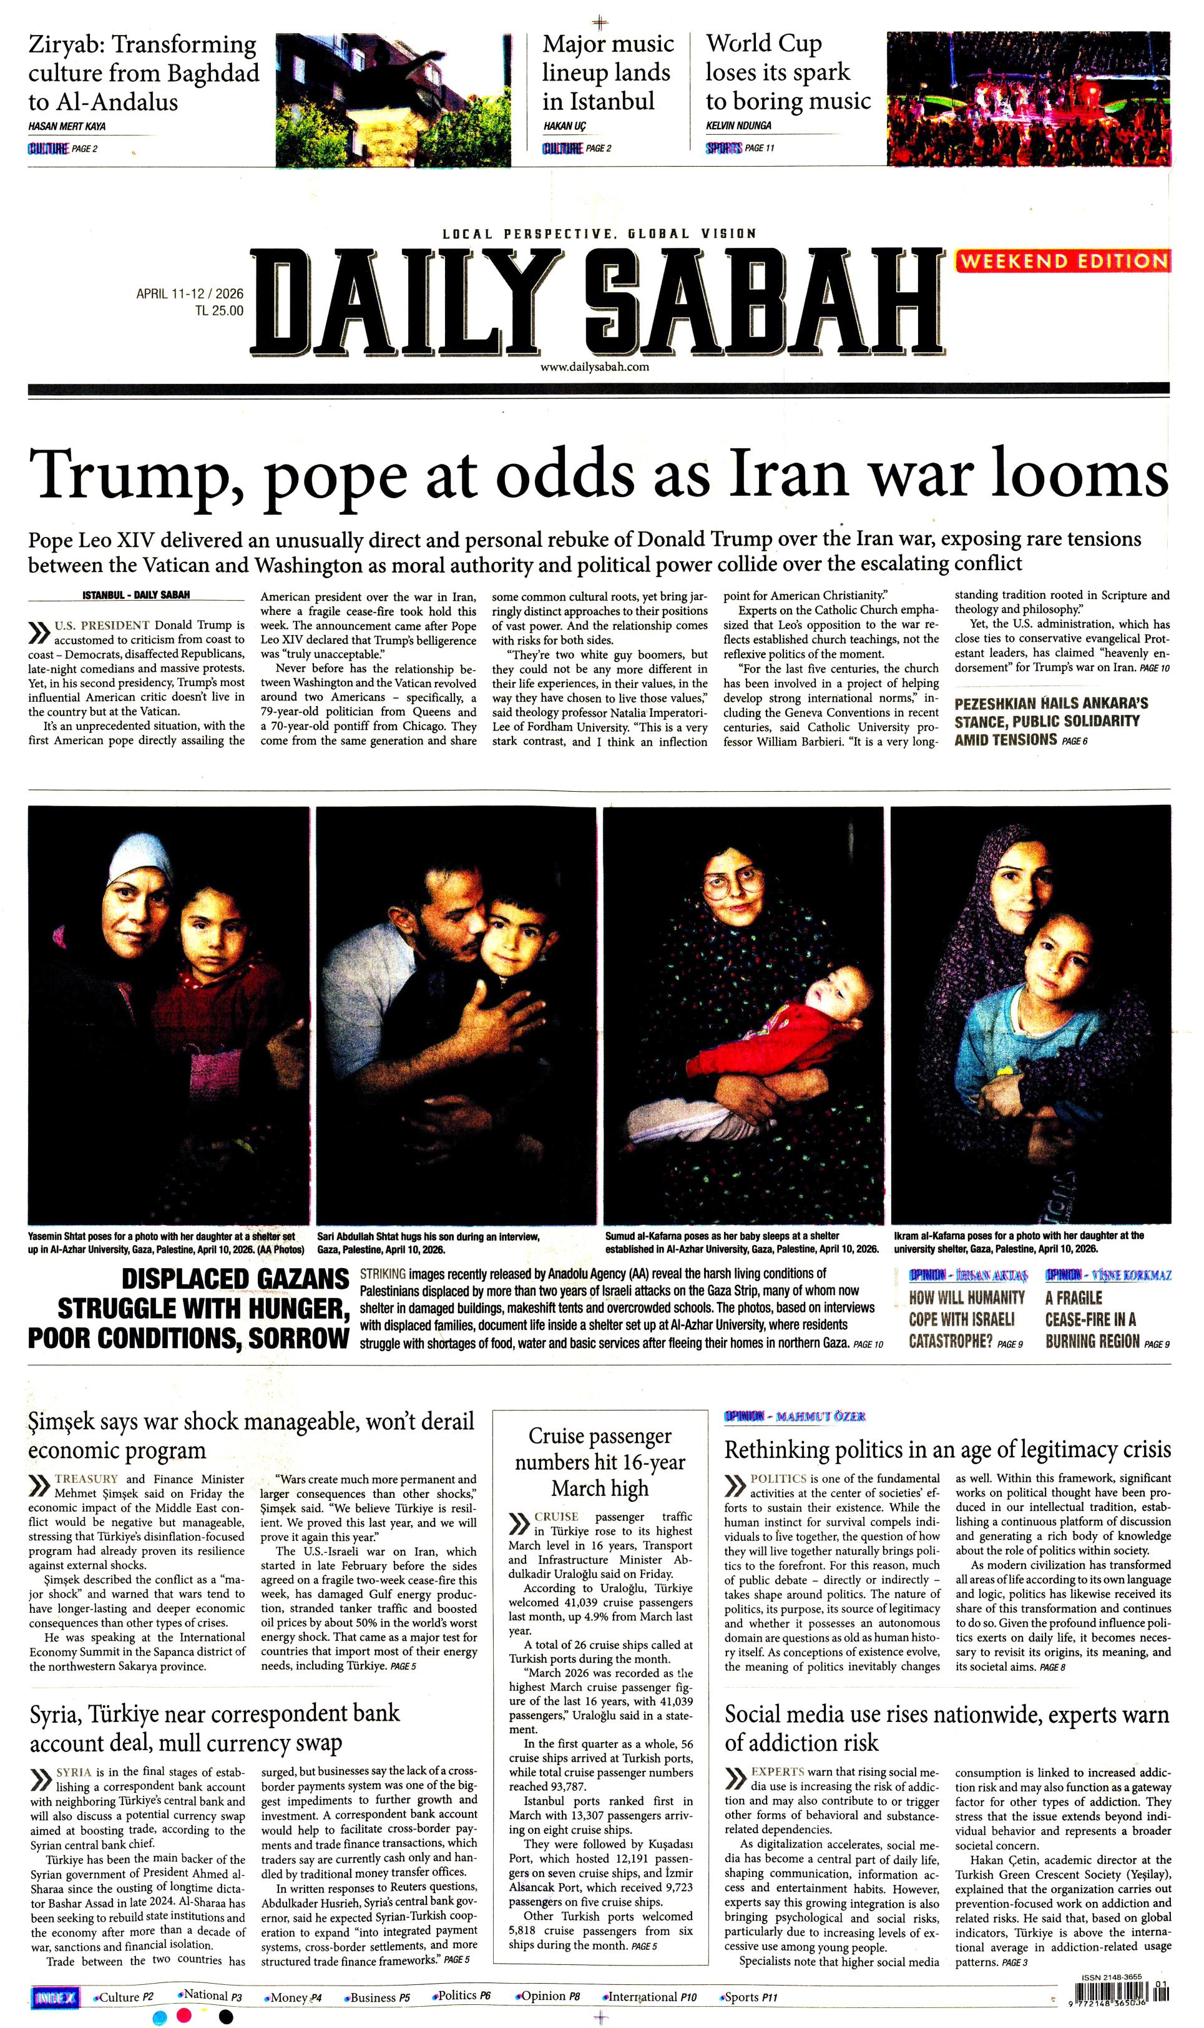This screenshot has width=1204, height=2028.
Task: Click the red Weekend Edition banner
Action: pos(1063,262)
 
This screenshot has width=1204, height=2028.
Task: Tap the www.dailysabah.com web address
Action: pos(595,367)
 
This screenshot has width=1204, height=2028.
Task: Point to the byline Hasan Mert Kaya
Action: pos(67,127)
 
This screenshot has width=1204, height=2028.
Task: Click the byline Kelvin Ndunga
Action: pos(738,126)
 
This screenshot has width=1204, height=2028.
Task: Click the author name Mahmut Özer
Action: pos(820,1416)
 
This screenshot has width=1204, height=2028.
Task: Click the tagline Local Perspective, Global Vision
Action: pos(599,234)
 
